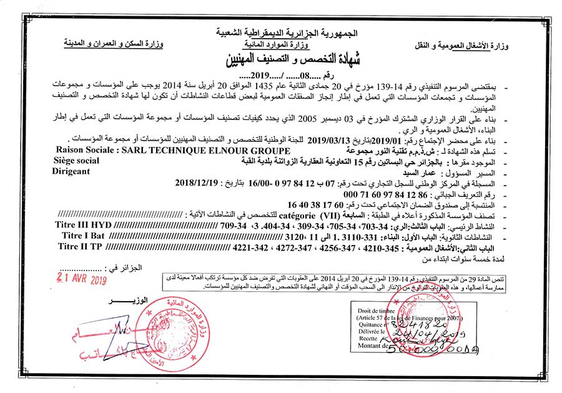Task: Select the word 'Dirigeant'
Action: pyautogui.click(x=71, y=171)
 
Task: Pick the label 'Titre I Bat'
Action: pyautogui.click(x=84, y=235)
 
